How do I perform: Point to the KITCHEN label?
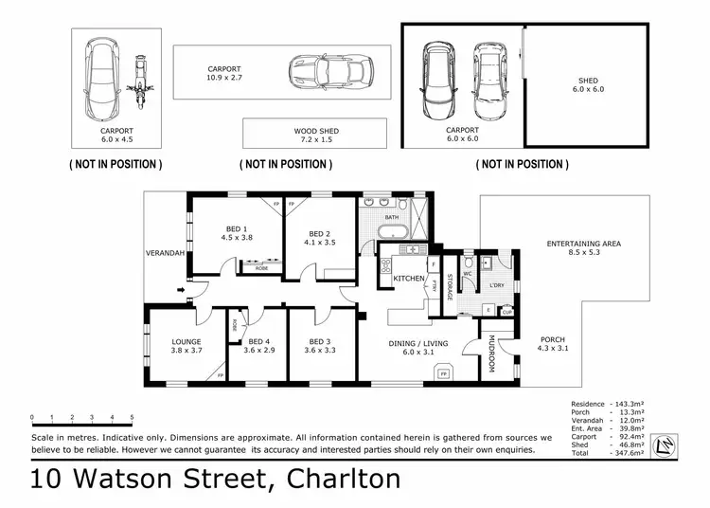tap(408, 278)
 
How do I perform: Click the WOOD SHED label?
tap(315, 133)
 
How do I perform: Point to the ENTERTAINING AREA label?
tap(584, 249)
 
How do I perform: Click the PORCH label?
tap(553, 345)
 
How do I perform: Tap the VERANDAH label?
tap(165, 253)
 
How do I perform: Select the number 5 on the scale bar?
tap(132, 417)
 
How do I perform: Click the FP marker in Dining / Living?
tap(443, 374)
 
